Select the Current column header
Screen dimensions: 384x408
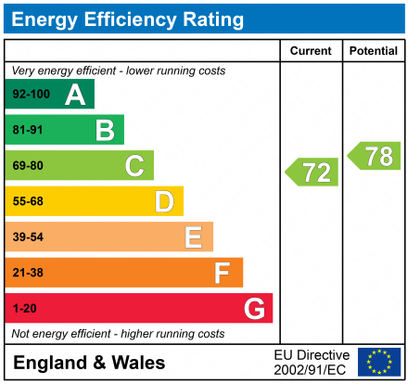pyautogui.click(x=311, y=52)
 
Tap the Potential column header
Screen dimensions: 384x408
pyautogui.click(x=374, y=52)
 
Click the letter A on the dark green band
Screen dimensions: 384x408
pyautogui.click(x=75, y=95)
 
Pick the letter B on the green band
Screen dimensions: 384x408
pyautogui.click(x=105, y=131)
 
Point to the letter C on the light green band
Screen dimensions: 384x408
pyautogui.click(x=134, y=166)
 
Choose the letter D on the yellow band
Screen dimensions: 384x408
pyautogui.click(x=164, y=201)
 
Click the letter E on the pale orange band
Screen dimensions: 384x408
pyautogui.click(x=193, y=237)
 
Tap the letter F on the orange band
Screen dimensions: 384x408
pyautogui.click(x=223, y=273)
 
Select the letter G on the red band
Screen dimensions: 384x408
pyautogui.click(x=253, y=308)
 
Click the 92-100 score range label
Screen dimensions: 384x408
pyautogui.click(x=30, y=95)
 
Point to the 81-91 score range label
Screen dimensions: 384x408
pyautogui.click(x=28, y=131)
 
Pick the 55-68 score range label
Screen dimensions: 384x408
pyautogui.click(x=28, y=201)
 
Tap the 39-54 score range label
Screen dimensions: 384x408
pyautogui.click(x=28, y=237)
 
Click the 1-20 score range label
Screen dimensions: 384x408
pyautogui.click(x=24, y=308)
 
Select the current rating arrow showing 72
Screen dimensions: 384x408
pyautogui.click(x=312, y=172)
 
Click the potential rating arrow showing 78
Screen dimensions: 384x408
pyautogui.click(x=375, y=156)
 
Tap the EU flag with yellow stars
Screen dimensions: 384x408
pyautogui.click(x=379, y=362)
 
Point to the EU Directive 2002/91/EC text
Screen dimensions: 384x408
pyautogui.click(x=312, y=362)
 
